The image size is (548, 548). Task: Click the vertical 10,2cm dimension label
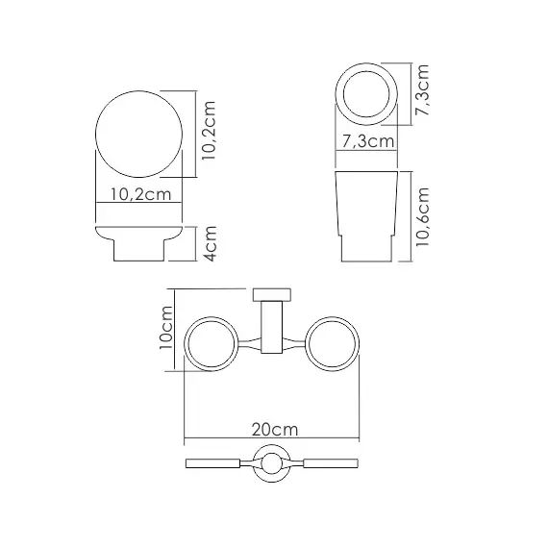pyautogui.click(x=213, y=137)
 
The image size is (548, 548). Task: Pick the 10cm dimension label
pyautogui.click(x=165, y=326)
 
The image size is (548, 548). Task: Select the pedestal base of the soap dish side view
pyautogui.click(x=139, y=249)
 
